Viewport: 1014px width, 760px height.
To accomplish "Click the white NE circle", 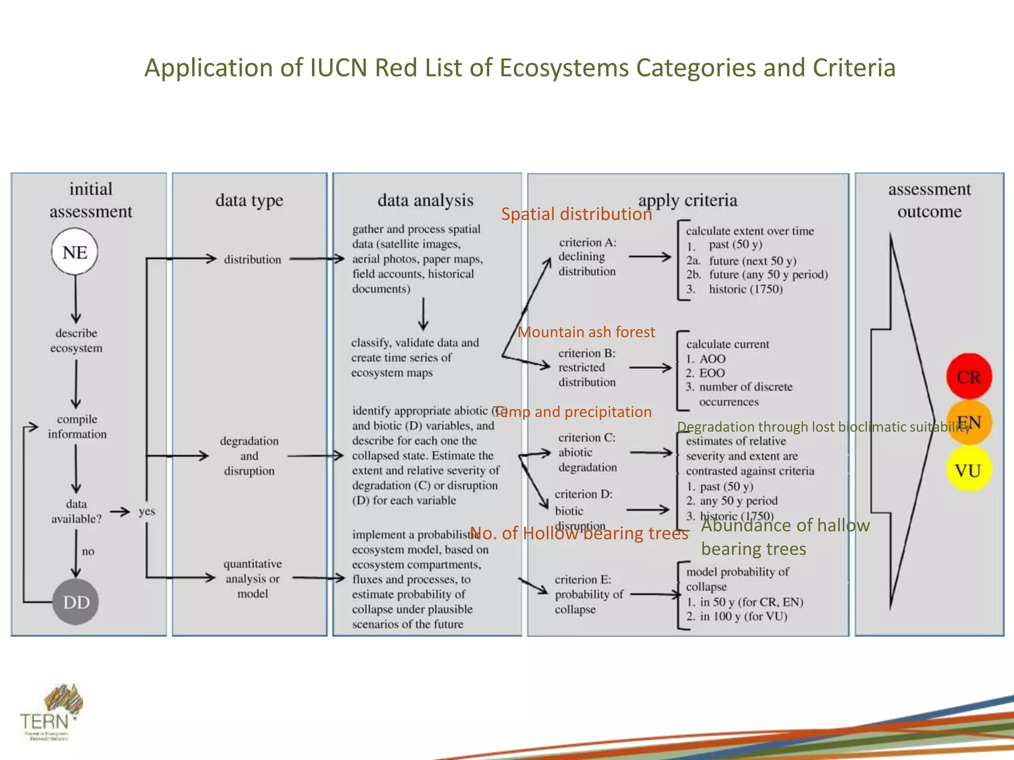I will click(x=75, y=252).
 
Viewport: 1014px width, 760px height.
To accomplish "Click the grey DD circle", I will click(x=76, y=602).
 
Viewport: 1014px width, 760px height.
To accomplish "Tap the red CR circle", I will click(x=968, y=377).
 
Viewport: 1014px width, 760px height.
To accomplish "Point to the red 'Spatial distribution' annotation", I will click(x=576, y=214).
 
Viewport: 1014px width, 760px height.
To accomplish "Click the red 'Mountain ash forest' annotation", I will click(x=586, y=332).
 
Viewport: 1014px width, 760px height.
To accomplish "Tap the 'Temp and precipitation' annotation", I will click(x=573, y=412).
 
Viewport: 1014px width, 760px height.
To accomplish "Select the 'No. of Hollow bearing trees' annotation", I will click(x=579, y=533).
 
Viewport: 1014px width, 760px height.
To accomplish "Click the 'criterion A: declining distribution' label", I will click(x=587, y=257).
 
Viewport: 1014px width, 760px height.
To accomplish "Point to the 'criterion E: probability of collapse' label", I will click(x=588, y=594).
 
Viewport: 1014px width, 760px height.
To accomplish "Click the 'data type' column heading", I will click(x=249, y=200).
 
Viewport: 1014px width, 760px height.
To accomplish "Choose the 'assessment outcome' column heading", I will click(x=929, y=200).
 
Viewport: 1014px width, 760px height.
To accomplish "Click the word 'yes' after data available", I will click(x=147, y=511).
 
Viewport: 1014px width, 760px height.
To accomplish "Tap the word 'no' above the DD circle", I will click(x=88, y=551).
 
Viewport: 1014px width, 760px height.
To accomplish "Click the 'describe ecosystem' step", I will click(x=76, y=340).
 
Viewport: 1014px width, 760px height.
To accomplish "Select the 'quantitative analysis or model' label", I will click(x=252, y=578).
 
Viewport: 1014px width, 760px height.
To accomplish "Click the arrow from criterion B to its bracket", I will click(x=650, y=368).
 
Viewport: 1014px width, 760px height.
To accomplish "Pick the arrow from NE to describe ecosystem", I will click(x=76, y=299).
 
